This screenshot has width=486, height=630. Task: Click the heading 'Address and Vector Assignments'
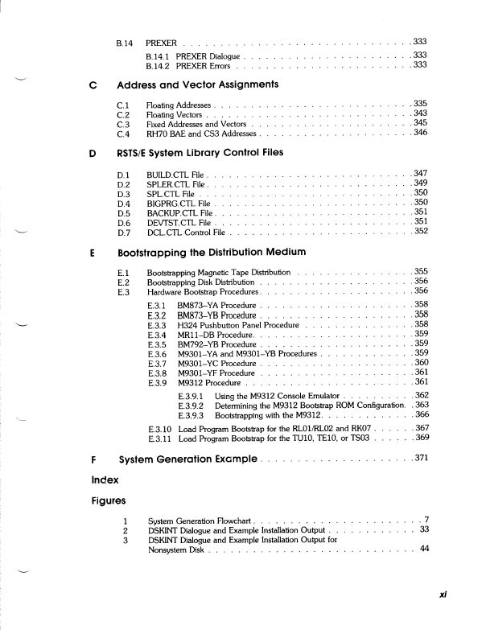198,84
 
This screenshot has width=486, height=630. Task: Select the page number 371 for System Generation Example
422,459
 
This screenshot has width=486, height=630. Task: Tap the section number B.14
126,41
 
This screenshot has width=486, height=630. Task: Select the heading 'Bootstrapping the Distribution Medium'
212,253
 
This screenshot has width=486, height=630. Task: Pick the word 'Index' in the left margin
105,480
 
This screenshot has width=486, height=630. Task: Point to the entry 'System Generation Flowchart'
200,521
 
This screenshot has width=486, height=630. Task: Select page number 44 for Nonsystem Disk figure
425,549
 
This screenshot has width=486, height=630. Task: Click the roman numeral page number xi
443,595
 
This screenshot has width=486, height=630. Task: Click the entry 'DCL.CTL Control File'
185,232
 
